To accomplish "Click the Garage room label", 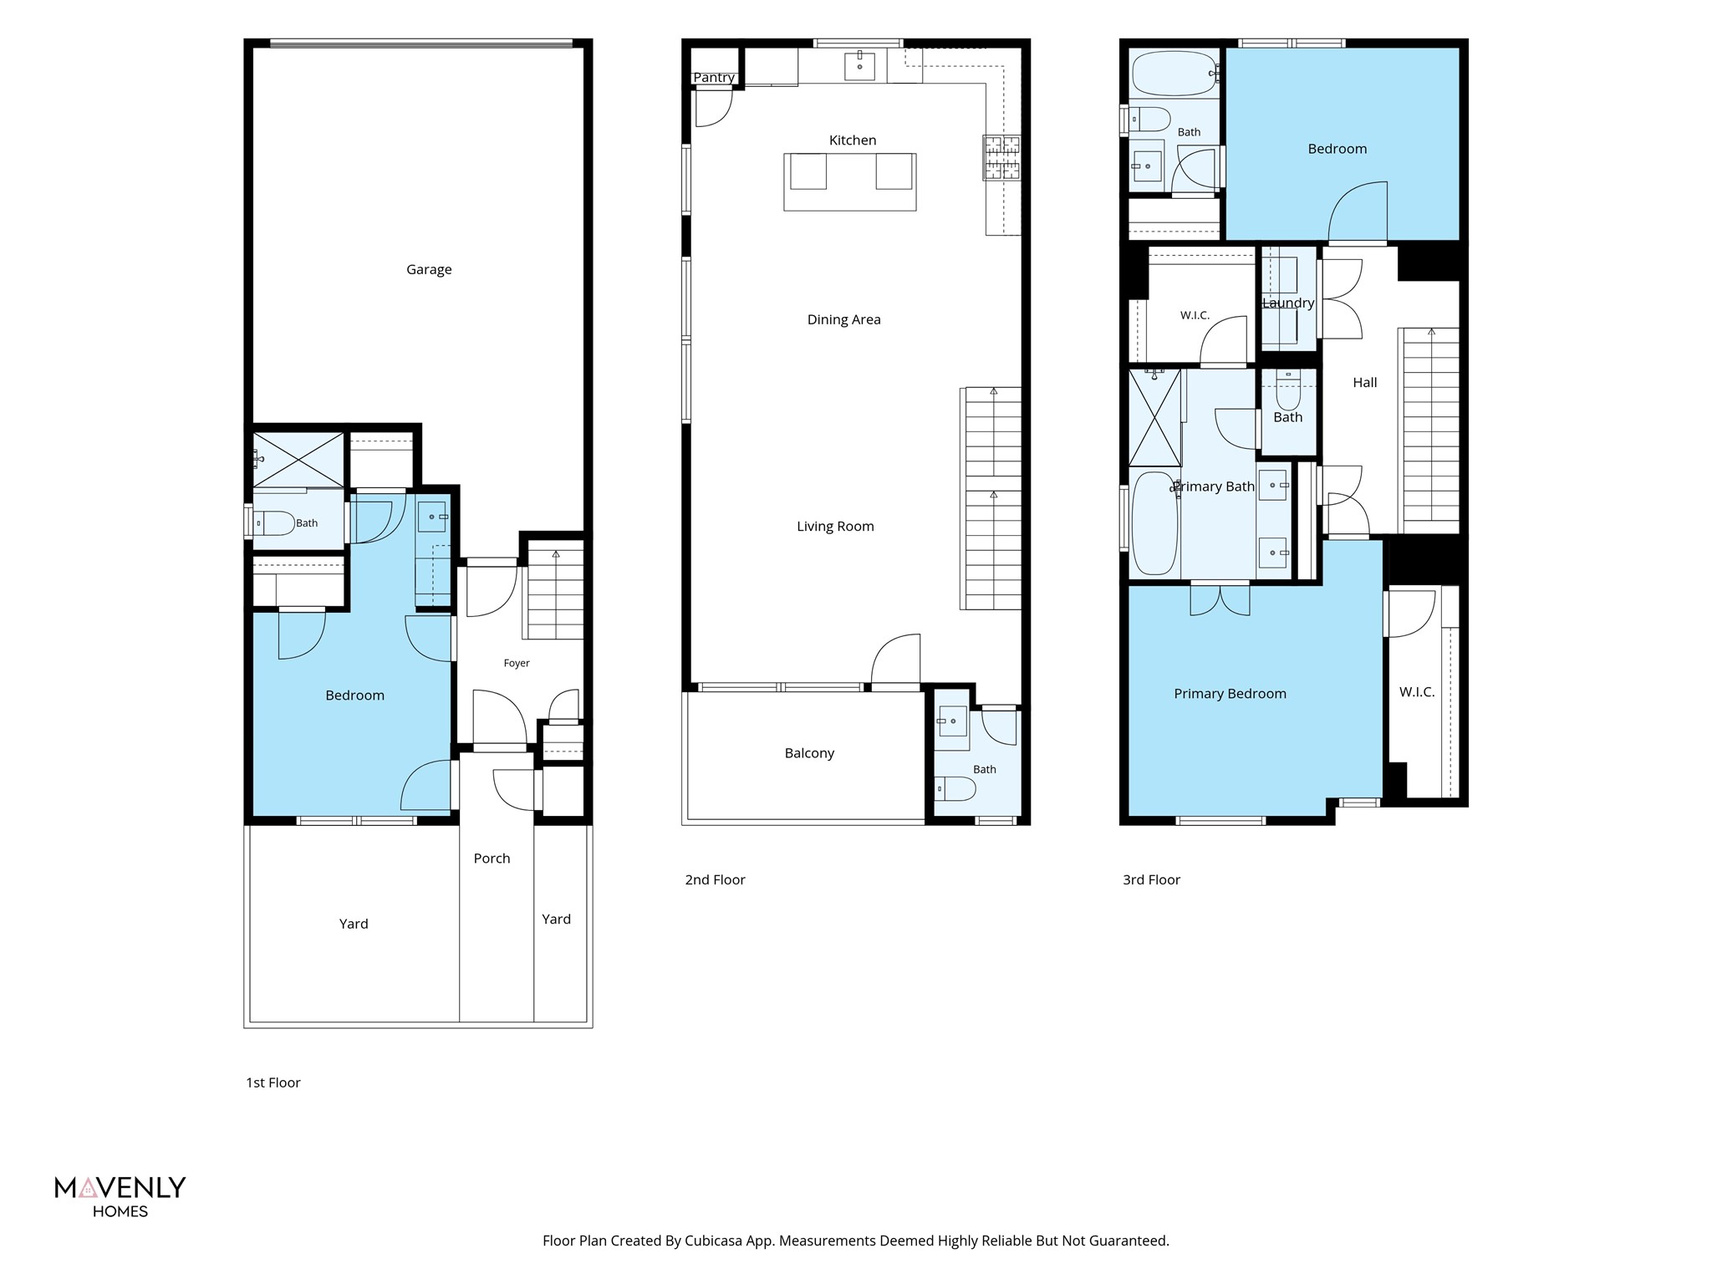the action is tap(429, 270).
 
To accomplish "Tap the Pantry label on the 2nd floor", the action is tap(714, 78).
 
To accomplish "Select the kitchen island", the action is tap(849, 181).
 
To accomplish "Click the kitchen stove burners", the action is tap(1002, 158).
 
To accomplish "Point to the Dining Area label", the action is tap(843, 319).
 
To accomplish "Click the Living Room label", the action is tap(835, 527).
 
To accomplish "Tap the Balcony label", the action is tap(809, 753).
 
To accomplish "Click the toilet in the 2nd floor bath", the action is tap(955, 788).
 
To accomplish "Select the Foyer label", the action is tap(517, 663).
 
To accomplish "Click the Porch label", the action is tap(492, 859).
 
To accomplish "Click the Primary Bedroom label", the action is tap(1230, 694).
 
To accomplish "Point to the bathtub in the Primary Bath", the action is tap(1154, 523).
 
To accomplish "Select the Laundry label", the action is tap(1288, 303).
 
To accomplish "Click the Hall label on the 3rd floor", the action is tap(1364, 383).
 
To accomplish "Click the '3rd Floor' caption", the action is tap(1151, 879).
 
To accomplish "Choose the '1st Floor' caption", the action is tap(273, 1083).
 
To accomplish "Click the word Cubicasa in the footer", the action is tap(715, 1241).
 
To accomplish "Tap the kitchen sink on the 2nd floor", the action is tap(859, 65).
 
